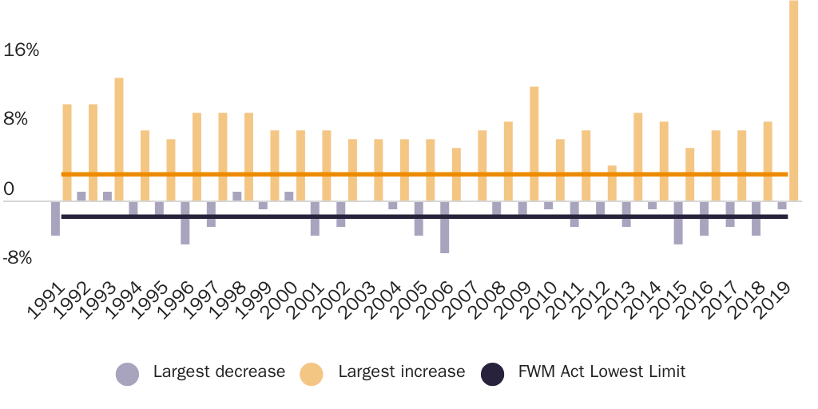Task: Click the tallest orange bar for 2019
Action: pyautogui.click(x=793, y=100)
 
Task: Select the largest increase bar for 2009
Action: pyautogui.click(x=534, y=144)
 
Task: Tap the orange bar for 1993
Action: pyautogui.click(x=119, y=139)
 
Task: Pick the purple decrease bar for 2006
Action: pyautogui.click(x=444, y=227)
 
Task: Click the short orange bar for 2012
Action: pyautogui.click(x=612, y=183)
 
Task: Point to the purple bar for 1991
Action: pyautogui.click(x=56, y=218)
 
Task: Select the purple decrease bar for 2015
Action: pyautogui.click(x=678, y=222)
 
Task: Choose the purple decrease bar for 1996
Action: pyautogui.click(x=185, y=222)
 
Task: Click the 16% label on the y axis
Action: pyautogui.click(x=22, y=50)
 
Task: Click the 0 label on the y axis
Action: pyautogui.click(x=9, y=189)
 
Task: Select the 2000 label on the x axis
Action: pyautogui.click(x=278, y=301)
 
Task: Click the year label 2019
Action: pyautogui.click(x=771, y=301)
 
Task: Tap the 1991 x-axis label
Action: pyautogui.click(x=45, y=301)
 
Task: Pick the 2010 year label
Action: pyautogui.click(x=538, y=301)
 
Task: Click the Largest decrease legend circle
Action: pyautogui.click(x=128, y=373)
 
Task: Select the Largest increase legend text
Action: pyautogui.click(x=401, y=371)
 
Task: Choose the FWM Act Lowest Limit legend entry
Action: pyautogui.click(x=602, y=371)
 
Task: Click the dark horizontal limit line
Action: pyautogui.click(x=423, y=216)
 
